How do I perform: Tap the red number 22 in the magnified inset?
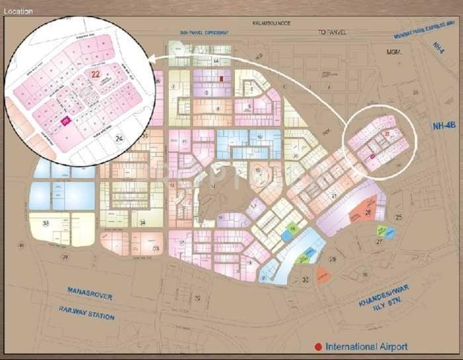pyautogui.click(x=96, y=74)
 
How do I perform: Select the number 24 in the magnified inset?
pyautogui.click(x=119, y=138)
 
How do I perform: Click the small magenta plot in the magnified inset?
pyautogui.click(x=65, y=120)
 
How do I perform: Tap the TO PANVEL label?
pyautogui.click(x=331, y=32)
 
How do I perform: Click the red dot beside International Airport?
pyautogui.click(x=319, y=347)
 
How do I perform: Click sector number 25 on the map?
pyautogui.click(x=399, y=217)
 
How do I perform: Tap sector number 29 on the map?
pyautogui.click(x=333, y=259)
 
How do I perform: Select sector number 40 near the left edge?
pyautogui.click(x=22, y=246)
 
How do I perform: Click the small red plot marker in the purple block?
pyautogui.click(x=222, y=78)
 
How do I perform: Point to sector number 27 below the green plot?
pyautogui.click(x=380, y=242)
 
